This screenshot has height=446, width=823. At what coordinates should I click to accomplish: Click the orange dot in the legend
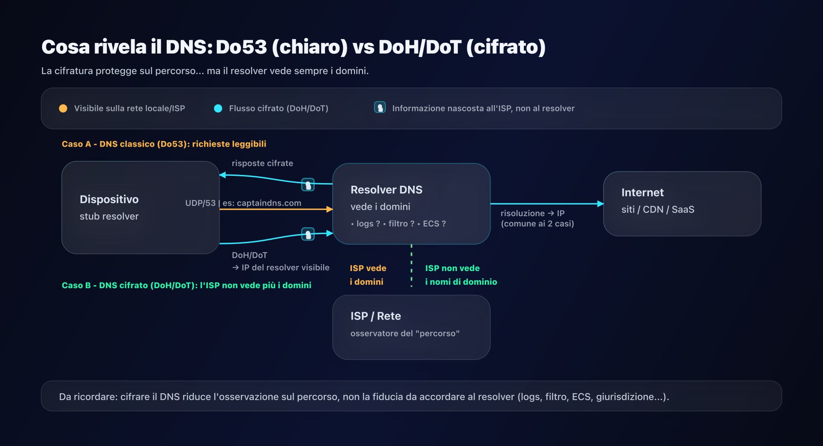coord(63,108)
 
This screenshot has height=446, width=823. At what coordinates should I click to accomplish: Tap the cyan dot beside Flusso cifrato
coord(218,108)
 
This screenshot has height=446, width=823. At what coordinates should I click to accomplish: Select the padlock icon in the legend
coord(380,108)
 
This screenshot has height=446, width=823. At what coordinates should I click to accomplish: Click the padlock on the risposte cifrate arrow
coord(308,185)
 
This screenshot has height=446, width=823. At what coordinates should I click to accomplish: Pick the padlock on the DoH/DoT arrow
coord(308,234)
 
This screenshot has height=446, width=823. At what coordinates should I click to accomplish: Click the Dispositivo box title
coord(109,199)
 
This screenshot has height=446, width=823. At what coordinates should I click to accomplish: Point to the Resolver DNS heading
coord(386,190)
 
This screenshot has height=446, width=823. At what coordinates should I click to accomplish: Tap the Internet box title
coord(642,193)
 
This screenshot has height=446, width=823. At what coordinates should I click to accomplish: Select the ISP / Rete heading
coord(375,316)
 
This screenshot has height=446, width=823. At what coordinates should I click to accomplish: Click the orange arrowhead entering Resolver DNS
coord(329,209)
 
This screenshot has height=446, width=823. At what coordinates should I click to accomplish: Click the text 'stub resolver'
coord(109,217)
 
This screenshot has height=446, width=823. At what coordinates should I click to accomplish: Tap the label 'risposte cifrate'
coord(262,163)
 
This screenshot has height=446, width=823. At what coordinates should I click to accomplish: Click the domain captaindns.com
coord(269,203)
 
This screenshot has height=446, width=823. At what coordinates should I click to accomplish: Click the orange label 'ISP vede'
coord(368,268)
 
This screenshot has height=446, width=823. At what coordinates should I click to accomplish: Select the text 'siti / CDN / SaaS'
coord(658,210)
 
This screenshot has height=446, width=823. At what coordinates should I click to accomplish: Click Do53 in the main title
coord(241,47)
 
